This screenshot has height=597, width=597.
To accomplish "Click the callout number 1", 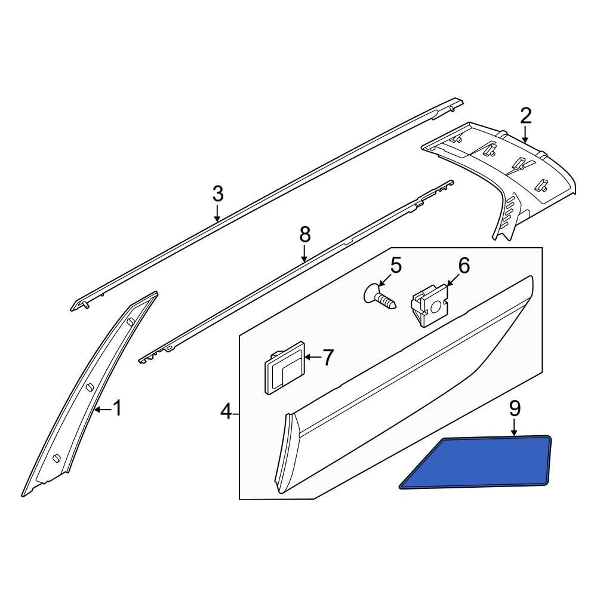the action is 118,408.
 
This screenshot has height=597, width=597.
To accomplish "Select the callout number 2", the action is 525,116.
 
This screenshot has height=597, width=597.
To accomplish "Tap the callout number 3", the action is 217,194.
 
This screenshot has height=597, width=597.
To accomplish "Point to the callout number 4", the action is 226,411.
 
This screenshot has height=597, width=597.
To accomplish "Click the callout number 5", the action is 396,266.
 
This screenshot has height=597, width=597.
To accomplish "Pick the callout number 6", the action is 464,266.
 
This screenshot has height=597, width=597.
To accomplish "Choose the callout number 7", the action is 328,357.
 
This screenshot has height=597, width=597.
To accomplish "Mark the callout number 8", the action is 304,235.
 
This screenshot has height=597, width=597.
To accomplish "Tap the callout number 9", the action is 515,409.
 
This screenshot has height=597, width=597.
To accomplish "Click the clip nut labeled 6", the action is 429,305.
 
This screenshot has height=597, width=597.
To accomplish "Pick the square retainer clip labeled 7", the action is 284,367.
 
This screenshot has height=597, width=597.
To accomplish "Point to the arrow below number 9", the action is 515,427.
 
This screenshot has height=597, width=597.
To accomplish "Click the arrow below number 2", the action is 525,135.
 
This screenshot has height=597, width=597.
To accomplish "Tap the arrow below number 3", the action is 217,213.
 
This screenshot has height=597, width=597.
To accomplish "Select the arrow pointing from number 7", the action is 313,357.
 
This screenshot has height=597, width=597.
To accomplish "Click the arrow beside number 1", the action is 103,410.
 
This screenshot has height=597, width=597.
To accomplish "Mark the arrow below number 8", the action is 304,254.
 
